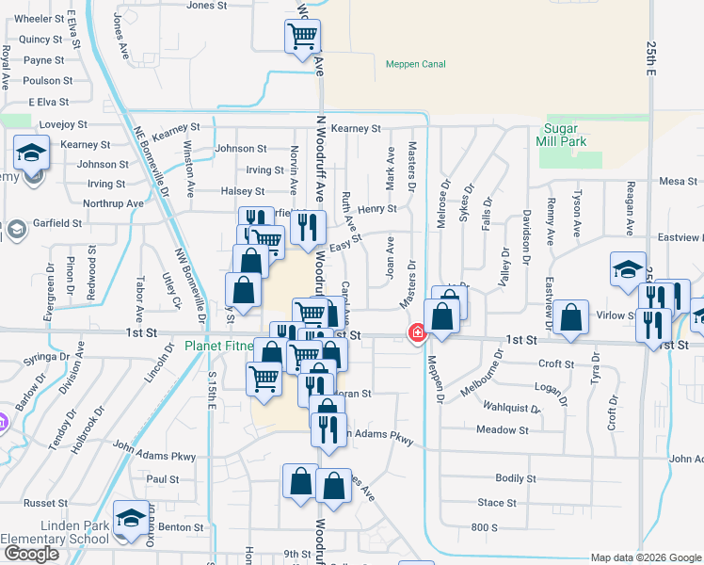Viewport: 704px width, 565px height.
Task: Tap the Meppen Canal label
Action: tap(415, 64)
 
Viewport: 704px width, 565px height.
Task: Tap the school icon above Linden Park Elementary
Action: tap(131, 518)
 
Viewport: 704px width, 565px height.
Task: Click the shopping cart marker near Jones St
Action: tap(302, 37)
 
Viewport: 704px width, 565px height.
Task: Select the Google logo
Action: tap(31, 554)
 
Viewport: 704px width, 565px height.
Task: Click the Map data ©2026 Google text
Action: tap(645, 557)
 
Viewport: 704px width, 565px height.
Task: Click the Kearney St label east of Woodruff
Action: tap(355, 128)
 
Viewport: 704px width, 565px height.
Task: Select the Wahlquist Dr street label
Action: tap(509, 409)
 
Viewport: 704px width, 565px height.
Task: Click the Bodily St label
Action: tap(516, 478)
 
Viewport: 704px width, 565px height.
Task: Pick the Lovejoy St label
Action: tap(63, 124)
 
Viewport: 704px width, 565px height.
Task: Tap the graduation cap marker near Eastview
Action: tap(628, 270)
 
